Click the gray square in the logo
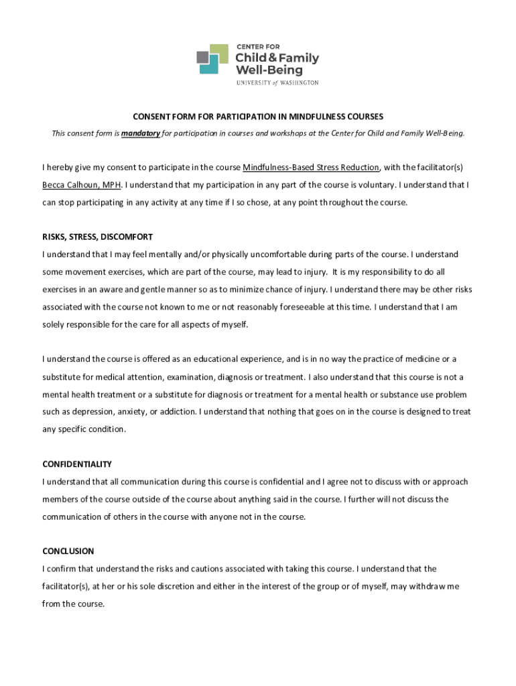click(203, 58)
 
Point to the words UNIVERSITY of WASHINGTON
click(277, 82)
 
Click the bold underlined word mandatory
click(141, 133)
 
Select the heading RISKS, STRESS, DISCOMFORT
click(98, 237)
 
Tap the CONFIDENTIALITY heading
click(77, 464)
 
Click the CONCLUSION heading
click(68, 551)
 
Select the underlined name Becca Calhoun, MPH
click(82, 185)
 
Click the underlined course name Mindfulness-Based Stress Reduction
click(311, 167)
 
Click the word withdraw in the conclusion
click(425, 586)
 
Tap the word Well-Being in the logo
click(269, 70)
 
